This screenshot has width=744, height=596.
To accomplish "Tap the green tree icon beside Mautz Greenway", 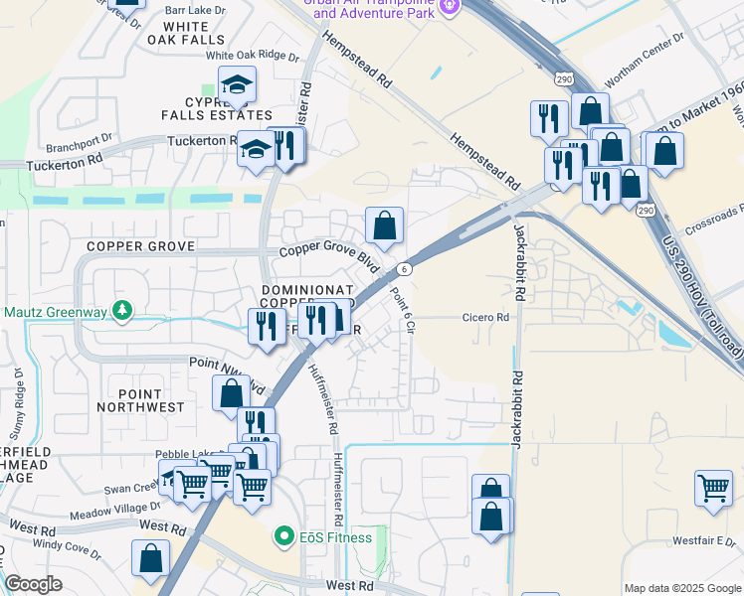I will (x=122, y=312).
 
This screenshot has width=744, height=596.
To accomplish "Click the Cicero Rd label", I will (x=485, y=318).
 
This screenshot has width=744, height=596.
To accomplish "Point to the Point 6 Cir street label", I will (x=402, y=308).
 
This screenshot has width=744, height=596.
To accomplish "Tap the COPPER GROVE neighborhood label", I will (x=137, y=245).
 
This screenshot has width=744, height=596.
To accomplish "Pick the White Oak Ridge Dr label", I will (x=252, y=57).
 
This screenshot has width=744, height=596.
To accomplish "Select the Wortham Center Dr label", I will (x=652, y=40).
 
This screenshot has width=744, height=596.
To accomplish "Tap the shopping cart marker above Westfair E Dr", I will (x=713, y=488).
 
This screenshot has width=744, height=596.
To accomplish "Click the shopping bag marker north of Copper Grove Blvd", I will (x=384, y=224).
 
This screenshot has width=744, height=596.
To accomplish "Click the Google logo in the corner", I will (x=33, y=585).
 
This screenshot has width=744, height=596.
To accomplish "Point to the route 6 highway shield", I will (x=404, y=269).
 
